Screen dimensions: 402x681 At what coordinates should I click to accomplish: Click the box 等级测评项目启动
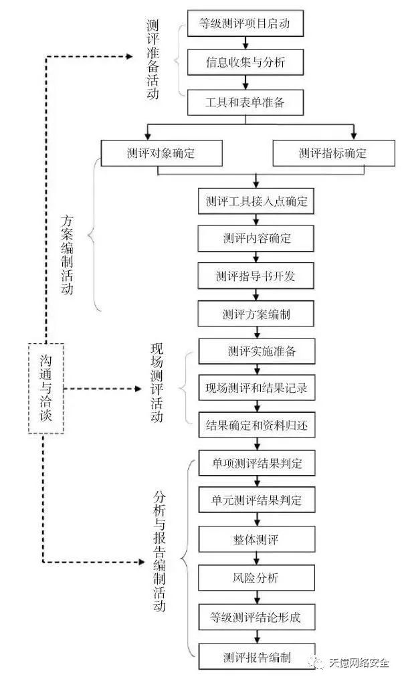[x=245, y=23]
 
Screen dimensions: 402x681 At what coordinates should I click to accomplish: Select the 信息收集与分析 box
[x=245, y=62]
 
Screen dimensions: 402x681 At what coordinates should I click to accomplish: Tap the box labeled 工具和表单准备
[x=245, y=102]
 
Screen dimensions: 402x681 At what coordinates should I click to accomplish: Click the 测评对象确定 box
[x=161, y=153]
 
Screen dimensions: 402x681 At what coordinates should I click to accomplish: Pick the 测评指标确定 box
[x=334, y=153]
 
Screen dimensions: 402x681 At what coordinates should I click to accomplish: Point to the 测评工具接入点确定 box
[x=256, y=201]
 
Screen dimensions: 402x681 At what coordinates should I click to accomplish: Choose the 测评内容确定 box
[x=256, y=238]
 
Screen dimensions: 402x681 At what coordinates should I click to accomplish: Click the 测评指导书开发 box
[x=256, y=276]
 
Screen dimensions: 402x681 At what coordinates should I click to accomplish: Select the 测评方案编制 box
[x=256, y=314]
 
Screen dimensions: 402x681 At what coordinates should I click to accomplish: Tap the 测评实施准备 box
[x=257, y=351]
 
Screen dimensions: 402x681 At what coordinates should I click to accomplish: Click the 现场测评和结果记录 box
[x=257, y=388]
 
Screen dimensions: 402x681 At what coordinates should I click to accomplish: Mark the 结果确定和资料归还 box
[x=257, y=425]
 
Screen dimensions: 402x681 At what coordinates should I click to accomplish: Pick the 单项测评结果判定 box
[x=257, y=463]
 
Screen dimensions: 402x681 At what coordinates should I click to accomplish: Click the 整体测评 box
[x=257, y=539]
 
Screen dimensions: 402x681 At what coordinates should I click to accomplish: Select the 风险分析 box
[x=257, y=578]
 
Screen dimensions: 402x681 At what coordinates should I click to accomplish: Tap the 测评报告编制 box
[x=257, y=657]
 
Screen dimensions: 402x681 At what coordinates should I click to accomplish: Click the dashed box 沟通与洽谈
[x=46, y=388]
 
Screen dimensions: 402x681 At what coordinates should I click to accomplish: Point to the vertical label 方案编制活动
[x=68, y=254]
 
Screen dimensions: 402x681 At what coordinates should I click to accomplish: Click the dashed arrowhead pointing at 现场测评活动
[x=138, y=389]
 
